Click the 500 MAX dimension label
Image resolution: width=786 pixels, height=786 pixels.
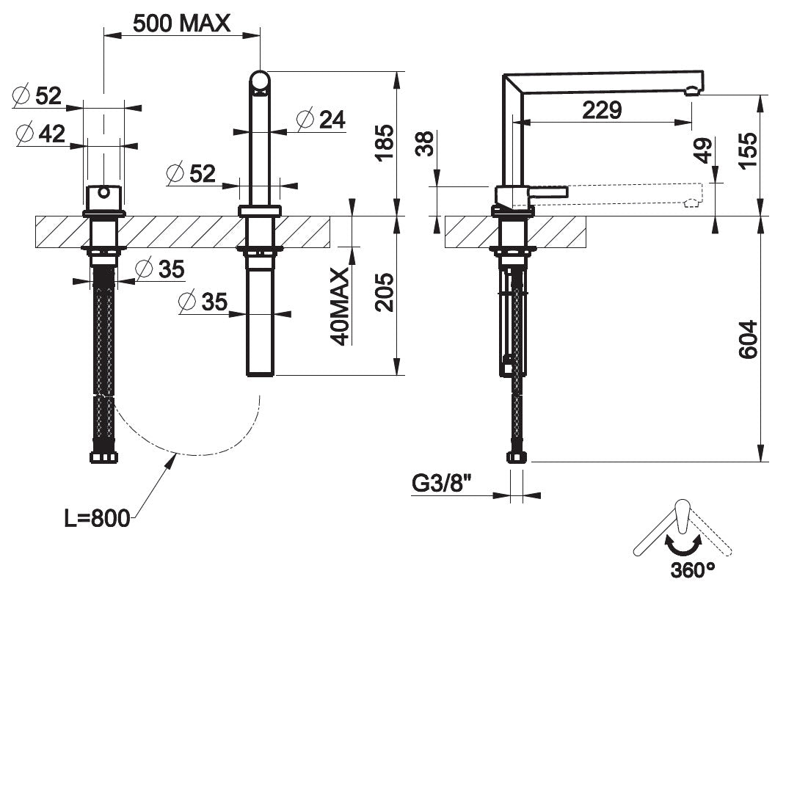click(181, 23)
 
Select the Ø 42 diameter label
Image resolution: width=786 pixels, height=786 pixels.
click(43, 134)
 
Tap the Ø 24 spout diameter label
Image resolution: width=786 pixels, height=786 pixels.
click(321, 119)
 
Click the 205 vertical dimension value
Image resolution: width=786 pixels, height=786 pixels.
click(383, 292)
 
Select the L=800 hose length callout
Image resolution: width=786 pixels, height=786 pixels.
click(96, 518)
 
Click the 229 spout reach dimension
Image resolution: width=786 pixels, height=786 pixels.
click(602, 110)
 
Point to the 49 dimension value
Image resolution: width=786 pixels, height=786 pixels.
click(703, 151)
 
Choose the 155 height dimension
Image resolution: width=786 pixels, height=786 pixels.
click(746, 151)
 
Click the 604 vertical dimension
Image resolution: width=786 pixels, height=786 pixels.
click(746, 339)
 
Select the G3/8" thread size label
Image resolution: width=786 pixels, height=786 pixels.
click(441, 484)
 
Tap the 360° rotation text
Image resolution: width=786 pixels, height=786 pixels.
click(692, 569)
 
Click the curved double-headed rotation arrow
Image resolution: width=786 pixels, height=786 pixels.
click(683, 543)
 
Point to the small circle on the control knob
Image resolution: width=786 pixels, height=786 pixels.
click(104, 194)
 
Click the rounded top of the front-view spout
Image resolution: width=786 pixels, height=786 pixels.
click(260, 81)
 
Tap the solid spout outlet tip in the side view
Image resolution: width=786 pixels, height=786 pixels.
click(691, 91)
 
